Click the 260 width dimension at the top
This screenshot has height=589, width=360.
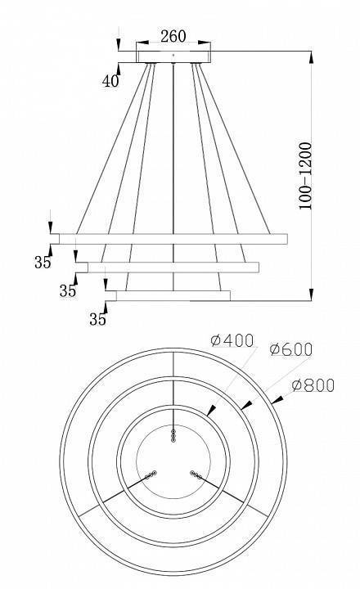click(x=173, y=36)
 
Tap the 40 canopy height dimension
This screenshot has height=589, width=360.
click(x=110, y=81)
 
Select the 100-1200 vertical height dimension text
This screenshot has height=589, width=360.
click(x=305, y=177)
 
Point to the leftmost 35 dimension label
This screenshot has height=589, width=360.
click(x=43, y=262)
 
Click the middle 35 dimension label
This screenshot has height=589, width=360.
click(x=68, y=290)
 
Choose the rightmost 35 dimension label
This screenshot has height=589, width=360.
click(x=97, y=318)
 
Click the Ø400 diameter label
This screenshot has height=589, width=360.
click(x=232, y=341)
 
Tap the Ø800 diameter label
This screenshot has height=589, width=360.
click(x=313, y=384)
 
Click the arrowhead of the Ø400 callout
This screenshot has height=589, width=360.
click(x=212, y=413)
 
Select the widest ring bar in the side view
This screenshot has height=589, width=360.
click(x=173, y=238)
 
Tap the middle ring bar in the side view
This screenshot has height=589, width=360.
click(x=173, y=267)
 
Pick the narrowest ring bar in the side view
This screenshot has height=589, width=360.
click(x=173, y=295)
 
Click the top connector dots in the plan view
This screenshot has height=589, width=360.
click(x=173, y=436)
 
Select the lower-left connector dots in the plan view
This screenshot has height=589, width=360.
click(x=149, y=474)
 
